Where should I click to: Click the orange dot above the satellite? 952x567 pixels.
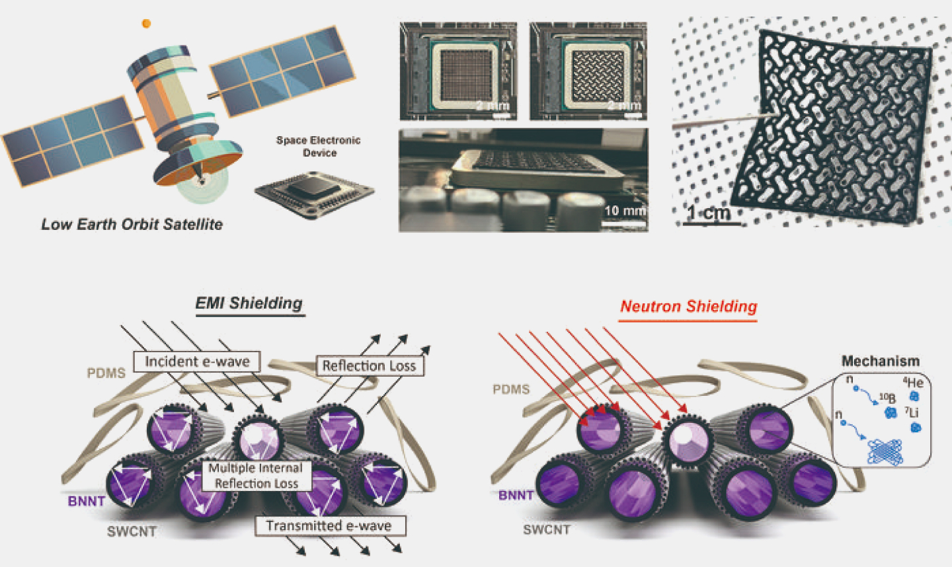click(146, 24)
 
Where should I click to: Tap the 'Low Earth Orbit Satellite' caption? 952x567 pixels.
click(132, 224)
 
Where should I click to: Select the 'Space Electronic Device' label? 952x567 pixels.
click(319, 146)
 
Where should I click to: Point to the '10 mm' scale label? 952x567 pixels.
click(623, 211)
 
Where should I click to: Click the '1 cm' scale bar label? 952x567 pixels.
click(708, 213)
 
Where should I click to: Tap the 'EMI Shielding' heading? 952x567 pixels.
click(249, 303)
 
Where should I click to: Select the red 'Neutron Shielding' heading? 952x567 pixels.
click(688, 307)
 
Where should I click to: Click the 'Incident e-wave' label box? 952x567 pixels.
click(197, 361)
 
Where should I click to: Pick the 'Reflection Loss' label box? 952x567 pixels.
click(369, 365)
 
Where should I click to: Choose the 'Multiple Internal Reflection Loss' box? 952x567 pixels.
click(256, 476)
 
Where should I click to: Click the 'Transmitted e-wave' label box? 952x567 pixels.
click(329, 526)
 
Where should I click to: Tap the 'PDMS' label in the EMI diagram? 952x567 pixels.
click(106, 373)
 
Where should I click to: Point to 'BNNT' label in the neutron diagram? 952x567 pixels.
click(516, 496)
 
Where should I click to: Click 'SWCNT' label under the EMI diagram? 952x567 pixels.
click(132, 531)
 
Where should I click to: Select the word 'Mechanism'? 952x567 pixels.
click(880, 361)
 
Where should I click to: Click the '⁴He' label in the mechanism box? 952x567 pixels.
click(913, 383)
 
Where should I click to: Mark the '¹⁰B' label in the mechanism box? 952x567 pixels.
click(887, 399)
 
